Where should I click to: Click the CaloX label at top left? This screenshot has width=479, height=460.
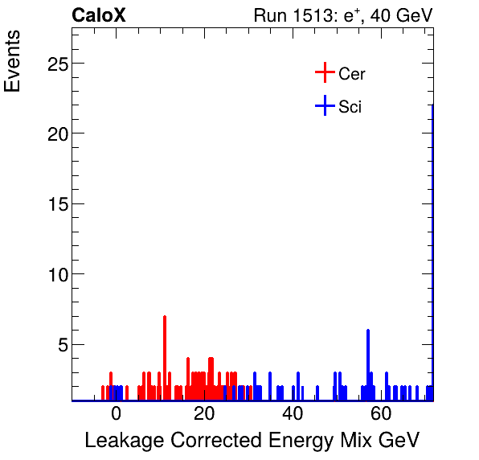[x=99, y=15]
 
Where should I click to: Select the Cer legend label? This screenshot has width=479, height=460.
[x=352, y=74]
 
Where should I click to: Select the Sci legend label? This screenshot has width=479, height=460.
[x=350, y=106]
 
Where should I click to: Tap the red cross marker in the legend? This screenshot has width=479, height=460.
[x=324, y=73]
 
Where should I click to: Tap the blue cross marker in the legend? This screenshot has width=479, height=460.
[x=324, y=105]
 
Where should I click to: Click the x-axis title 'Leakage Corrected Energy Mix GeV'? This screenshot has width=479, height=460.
[x=252, y=441]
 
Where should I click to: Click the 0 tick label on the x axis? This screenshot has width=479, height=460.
[x=116, y=415]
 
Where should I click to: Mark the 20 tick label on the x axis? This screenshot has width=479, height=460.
[x=204, y=415]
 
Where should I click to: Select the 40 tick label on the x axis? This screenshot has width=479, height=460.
[x=293, y=415]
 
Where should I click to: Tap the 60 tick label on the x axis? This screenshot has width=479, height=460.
[x=381, y=415]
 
